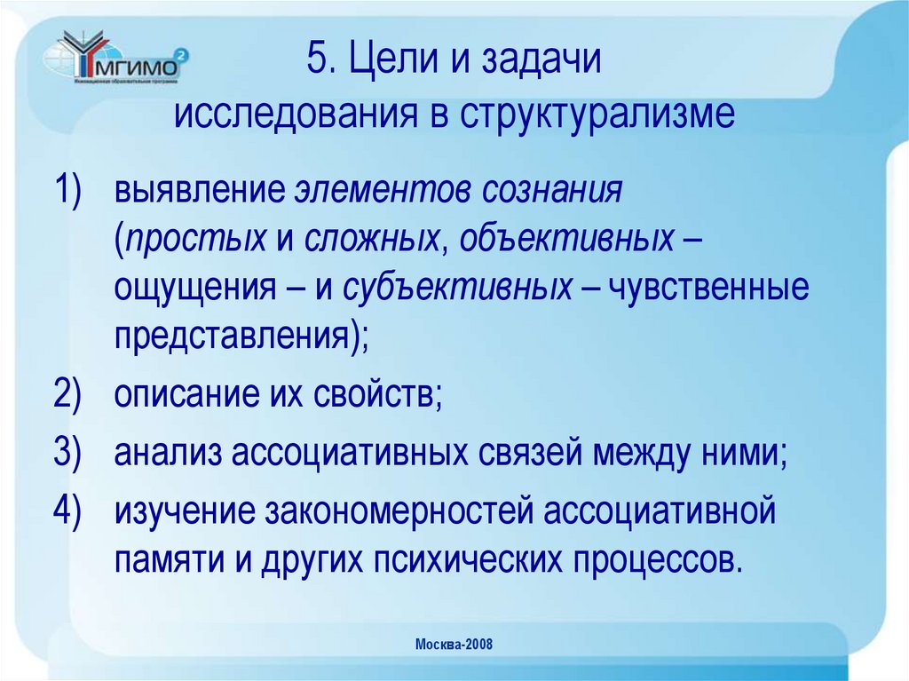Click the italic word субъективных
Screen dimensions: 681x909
coord(457,289)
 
